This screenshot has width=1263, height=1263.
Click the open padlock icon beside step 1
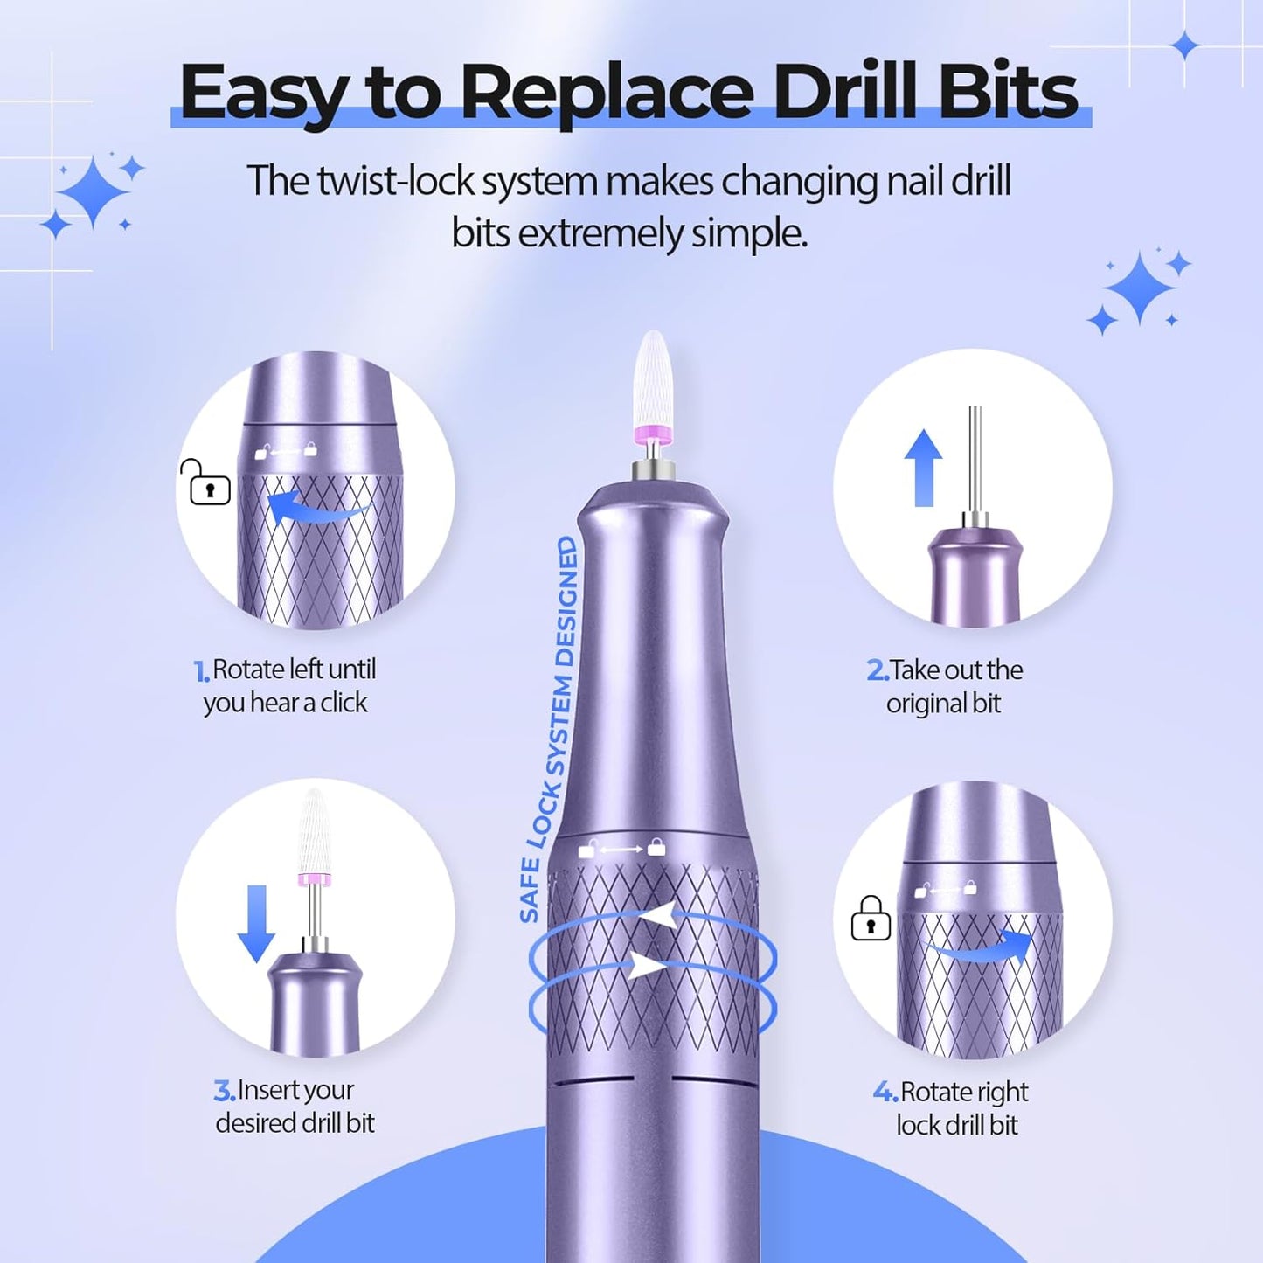click(206, 482)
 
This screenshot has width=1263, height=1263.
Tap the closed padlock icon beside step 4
click(871, 919)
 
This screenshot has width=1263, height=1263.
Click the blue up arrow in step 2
click(923, 468)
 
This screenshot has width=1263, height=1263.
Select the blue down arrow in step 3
click(256, 923)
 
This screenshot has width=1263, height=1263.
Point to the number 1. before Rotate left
click(201, 671)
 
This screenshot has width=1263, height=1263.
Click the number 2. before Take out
click(877, 670)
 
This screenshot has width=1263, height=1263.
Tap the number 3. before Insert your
click(224, 1091)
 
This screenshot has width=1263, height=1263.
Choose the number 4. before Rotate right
click(885, 1093)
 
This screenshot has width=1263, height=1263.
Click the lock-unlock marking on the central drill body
click(622, 849)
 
